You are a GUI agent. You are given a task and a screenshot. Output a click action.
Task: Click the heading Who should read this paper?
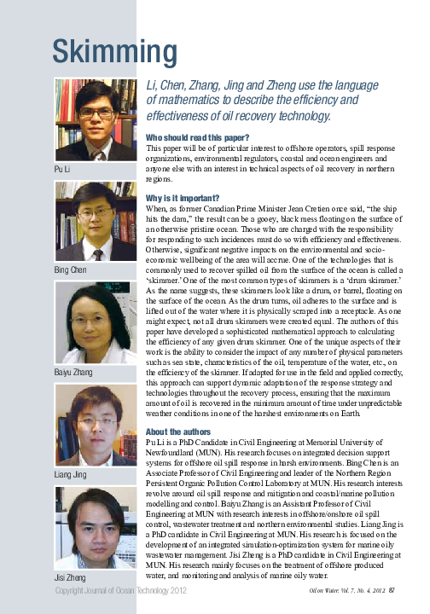[x=198, y=136]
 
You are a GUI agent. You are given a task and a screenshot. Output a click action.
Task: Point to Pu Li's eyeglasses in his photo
[x=96, y=113]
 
